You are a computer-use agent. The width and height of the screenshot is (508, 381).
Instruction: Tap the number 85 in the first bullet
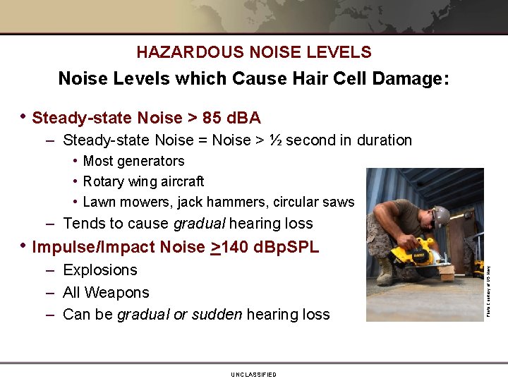point(212,117)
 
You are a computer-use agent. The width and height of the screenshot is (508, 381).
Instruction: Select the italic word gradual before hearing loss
point(199,224)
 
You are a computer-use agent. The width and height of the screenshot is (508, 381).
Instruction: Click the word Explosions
point(100,270)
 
